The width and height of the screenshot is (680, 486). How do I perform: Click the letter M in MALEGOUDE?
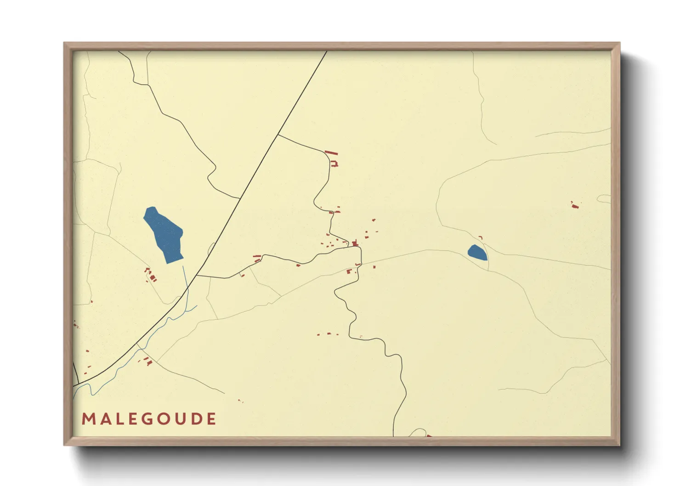[x=87, y=419]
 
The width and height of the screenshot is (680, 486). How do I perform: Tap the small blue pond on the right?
[x=477, y=253]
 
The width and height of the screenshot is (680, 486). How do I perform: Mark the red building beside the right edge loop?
[x=574, y=205]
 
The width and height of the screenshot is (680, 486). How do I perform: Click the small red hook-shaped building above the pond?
[x=481, y=237]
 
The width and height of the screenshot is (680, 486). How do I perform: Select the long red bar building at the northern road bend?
[x=331, y=153]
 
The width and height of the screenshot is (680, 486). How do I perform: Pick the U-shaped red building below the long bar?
[x=334, y=163]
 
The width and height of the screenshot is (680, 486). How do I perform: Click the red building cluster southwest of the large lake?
[x=151, y=276]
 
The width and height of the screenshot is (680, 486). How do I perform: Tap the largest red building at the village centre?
[x=355, y=243]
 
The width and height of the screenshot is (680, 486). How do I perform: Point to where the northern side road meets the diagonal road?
[x=278, y=134]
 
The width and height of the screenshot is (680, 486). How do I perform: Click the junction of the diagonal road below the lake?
[x=197, y=276]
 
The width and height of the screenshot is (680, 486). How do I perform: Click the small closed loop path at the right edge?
[x=604, y=199]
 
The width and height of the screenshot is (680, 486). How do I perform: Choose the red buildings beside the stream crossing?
[x=147, y=361]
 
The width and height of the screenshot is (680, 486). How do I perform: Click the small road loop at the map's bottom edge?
[x=418, y=432]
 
